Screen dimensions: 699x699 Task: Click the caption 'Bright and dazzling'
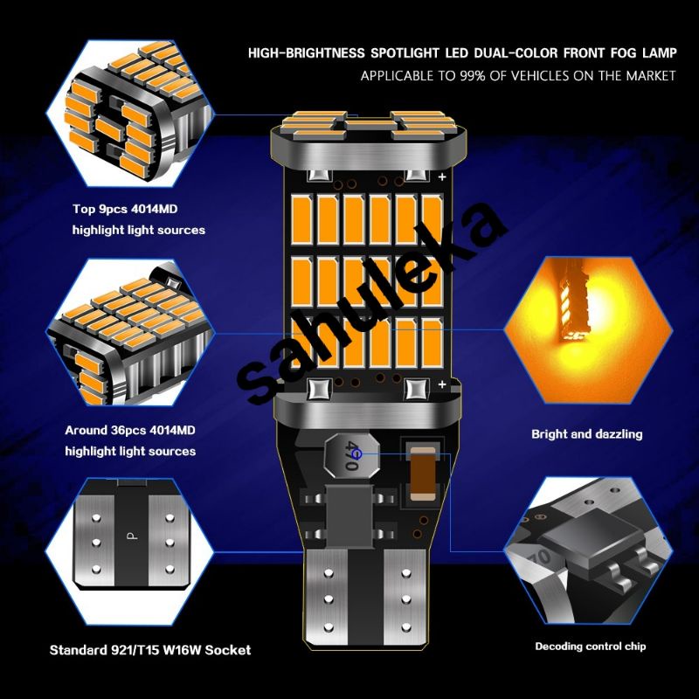586,433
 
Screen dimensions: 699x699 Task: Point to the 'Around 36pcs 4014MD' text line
130,431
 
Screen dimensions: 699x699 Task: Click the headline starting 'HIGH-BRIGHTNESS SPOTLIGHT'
461,53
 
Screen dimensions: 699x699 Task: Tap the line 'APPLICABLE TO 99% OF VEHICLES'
518,76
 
